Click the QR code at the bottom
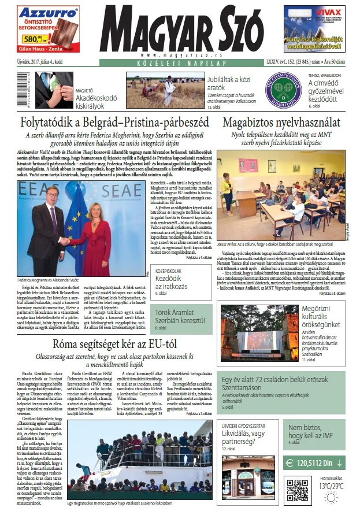[x=298, y=490]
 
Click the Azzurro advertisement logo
[x=40, y=12]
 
